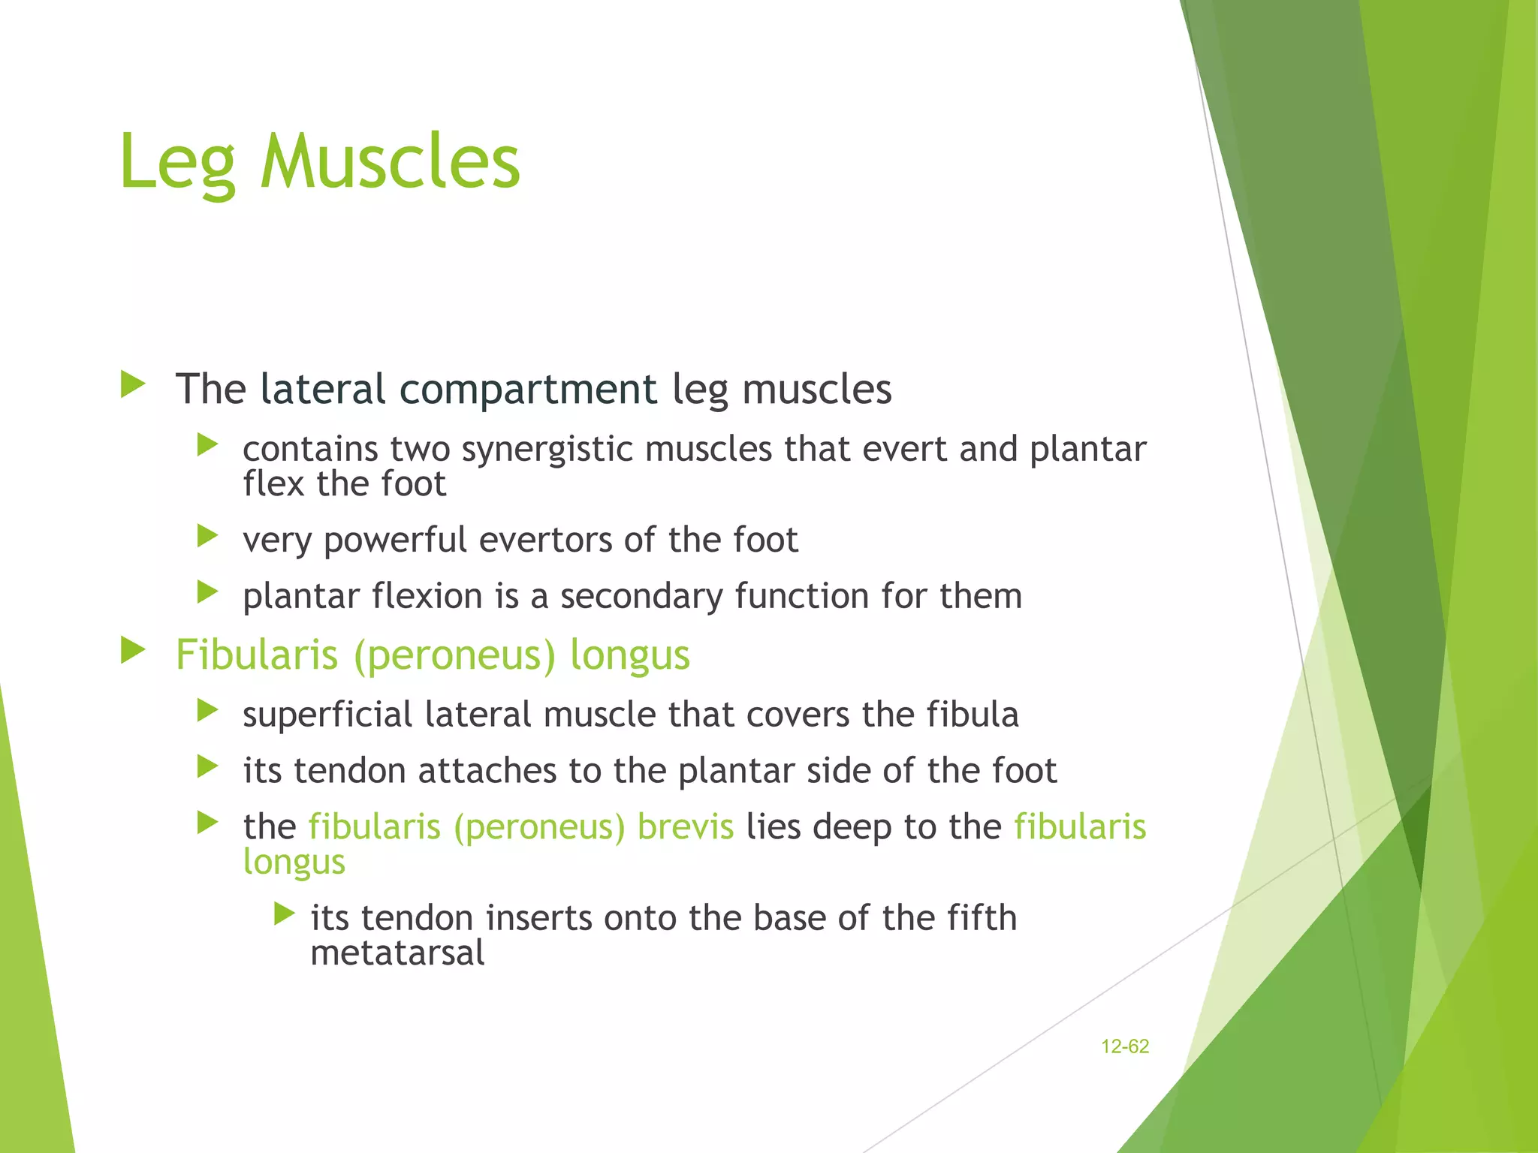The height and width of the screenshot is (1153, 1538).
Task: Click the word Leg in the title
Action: (x=177, y=161)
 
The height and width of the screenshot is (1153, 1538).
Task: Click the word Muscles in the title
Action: (x=390, y=161)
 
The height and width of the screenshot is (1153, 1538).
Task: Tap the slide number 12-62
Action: (x=1124, y=1046)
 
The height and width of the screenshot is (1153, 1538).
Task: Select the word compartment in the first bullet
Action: (x=528, y=389)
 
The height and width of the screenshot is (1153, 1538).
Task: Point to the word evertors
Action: (x=546, y=540)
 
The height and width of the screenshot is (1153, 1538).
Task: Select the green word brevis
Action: (x=685, y=826)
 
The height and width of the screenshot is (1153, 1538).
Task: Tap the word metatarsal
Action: (x=397, y=953)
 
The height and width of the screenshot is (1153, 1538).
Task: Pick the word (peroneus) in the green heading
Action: (x=454, y=655)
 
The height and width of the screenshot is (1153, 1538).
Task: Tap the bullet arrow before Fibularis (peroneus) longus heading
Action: (x=133, y=650)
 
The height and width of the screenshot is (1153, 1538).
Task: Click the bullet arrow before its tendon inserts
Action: (x=284, y=914)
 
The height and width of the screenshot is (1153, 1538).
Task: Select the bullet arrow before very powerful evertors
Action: (x=207, y=536)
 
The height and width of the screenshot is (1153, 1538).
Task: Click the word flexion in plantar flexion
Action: (x=427, y=596)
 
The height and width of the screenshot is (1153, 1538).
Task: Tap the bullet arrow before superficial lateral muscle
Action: (x=207, y=710)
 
